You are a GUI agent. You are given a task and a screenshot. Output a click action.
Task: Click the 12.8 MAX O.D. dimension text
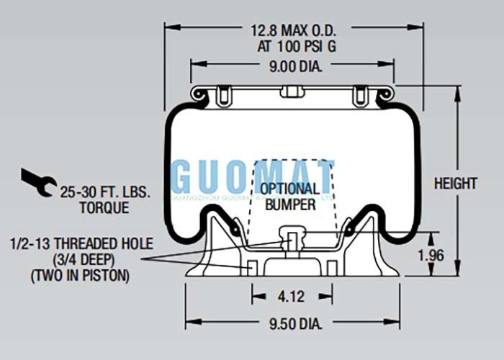(x=293, y=31)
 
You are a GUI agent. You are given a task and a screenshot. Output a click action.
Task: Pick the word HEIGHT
(x=455, y=184)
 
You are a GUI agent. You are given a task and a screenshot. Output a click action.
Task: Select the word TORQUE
(x=104, y=208)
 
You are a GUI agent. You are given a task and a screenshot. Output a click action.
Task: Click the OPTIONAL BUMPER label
(x=290, y=197)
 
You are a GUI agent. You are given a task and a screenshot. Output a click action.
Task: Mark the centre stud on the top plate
(x=291, y=91)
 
